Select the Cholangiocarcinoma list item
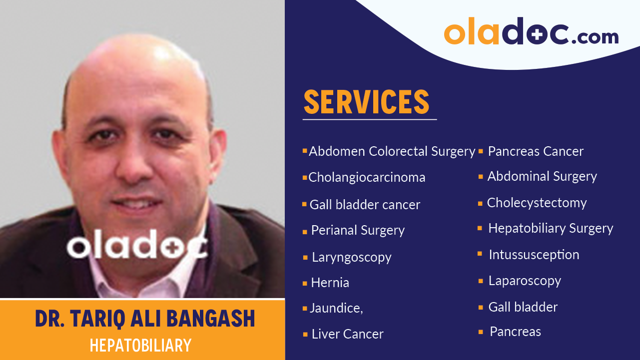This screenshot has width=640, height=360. (367, 177)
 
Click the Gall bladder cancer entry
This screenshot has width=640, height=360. (365, 205)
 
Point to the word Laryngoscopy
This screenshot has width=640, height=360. (351, 258)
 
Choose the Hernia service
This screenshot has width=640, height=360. (330, 283)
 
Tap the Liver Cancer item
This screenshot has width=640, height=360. (347, 334)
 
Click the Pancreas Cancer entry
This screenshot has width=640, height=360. (535, 151)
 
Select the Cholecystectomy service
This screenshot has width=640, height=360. (537, 203)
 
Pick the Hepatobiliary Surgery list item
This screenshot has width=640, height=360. (550, 228)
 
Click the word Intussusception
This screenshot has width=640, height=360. (534, 255)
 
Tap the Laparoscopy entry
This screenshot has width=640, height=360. (525, 281)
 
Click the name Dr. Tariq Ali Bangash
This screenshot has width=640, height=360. (145, 319)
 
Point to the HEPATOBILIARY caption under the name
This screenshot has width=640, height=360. (140, 345)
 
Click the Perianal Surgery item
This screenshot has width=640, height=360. (358, 230)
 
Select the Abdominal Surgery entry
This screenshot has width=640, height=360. (542, 176)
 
